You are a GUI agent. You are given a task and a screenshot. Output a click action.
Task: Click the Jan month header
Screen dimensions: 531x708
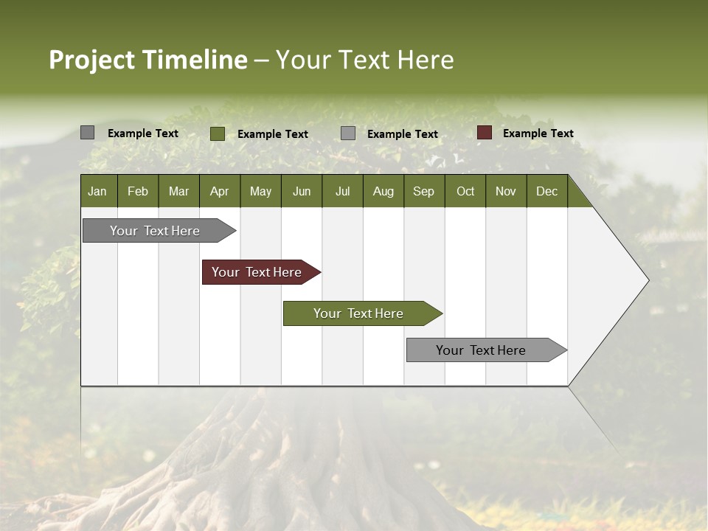tap(97, 191)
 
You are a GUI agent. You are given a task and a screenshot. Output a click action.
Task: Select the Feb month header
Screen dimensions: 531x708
tap(138, 191)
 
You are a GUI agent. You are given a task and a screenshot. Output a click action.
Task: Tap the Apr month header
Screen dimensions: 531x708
tap(219, 191)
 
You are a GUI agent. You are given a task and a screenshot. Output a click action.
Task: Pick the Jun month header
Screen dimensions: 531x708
tap(302, 191)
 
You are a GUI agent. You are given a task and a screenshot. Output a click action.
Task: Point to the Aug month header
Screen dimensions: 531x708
tap(383, 191)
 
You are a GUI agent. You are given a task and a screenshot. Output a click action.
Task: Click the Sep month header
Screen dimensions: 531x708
tap(423, 191)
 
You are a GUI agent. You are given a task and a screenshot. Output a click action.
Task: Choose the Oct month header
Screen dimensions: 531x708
tap(465, 191)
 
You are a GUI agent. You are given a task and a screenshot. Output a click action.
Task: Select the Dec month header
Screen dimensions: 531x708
tap(546, 191)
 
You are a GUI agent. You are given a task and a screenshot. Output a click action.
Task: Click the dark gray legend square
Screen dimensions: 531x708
tap(87, 133)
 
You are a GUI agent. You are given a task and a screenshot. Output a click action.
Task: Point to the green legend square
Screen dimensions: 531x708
tap(217, 133)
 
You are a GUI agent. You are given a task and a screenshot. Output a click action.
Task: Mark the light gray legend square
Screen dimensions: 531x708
tap(348, 133)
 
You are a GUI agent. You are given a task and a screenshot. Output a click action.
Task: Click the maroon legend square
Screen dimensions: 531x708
tap(484, 133)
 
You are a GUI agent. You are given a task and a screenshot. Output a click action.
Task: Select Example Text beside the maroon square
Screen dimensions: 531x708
tap(538, 133)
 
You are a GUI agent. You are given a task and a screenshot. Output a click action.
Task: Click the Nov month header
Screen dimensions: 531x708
tap(505, 191)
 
